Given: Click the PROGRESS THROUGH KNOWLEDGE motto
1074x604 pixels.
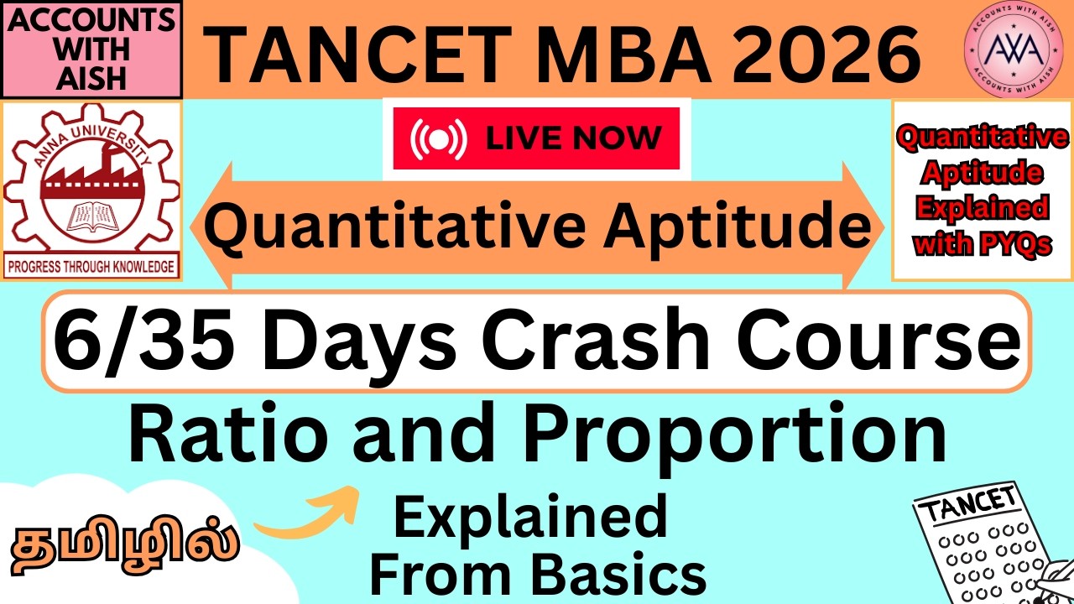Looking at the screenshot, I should [92, 268].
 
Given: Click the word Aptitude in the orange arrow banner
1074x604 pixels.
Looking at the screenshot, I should [717, 228].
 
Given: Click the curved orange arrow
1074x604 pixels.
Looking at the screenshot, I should [307, 516].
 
